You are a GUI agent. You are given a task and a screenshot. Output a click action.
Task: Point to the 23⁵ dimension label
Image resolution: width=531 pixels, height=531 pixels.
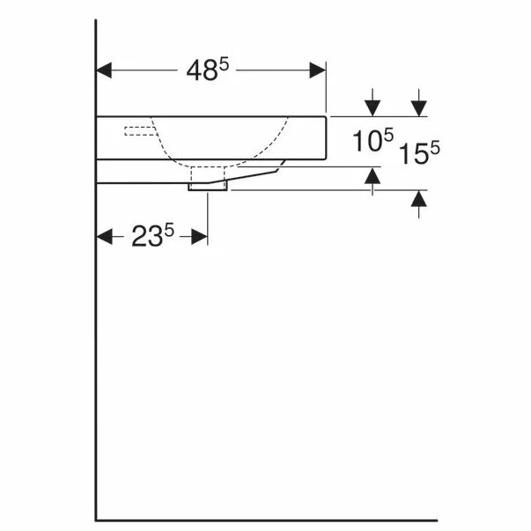[154, 236]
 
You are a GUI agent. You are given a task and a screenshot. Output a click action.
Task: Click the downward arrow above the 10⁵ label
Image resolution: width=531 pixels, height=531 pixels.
[373, 105]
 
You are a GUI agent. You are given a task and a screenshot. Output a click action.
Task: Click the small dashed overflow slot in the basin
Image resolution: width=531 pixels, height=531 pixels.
[138, 132]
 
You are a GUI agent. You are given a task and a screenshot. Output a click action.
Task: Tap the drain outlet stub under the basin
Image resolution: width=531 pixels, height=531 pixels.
[208, 185]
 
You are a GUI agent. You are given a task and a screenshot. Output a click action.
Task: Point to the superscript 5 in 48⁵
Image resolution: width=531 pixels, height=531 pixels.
[224, 64]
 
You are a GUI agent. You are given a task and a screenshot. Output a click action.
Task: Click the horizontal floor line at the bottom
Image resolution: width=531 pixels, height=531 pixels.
[264, 520]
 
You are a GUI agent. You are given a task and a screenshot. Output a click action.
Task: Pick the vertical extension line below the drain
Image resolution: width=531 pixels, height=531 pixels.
[208, 216]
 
